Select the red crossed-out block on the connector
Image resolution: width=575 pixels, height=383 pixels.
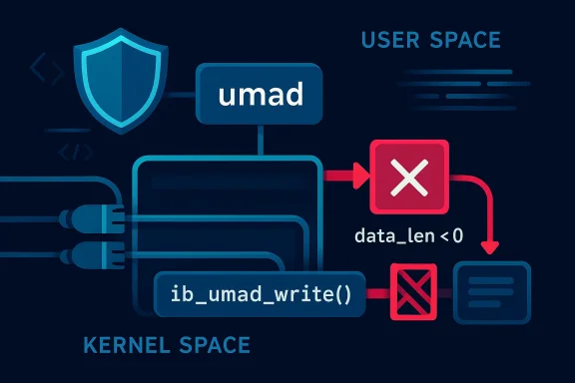[411, 295]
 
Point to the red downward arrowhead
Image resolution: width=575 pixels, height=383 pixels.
[489, 244]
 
